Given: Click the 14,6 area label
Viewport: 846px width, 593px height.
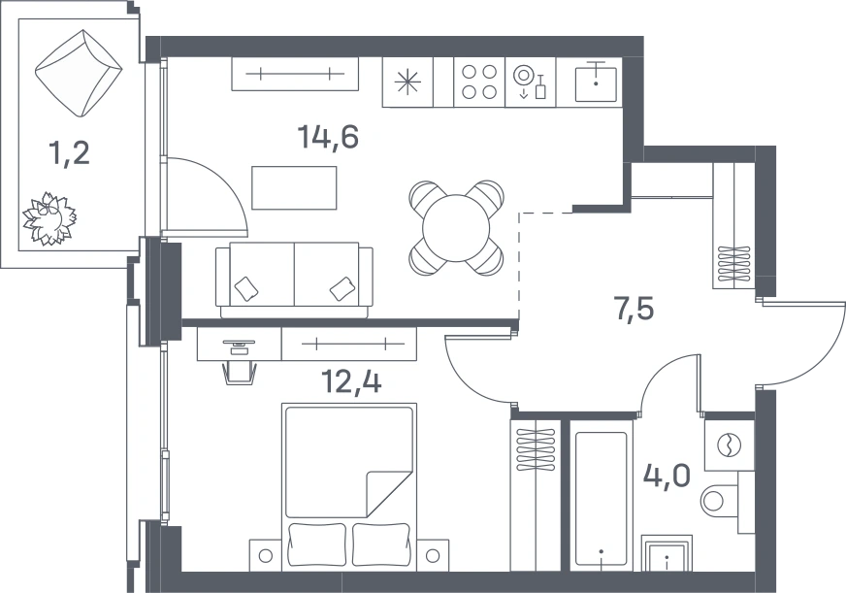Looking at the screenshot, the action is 328,137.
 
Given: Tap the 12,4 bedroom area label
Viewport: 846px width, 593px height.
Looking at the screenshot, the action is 351,381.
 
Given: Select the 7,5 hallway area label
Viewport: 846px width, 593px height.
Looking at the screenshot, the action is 634,309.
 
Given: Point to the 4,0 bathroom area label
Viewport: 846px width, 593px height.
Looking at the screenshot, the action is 667,476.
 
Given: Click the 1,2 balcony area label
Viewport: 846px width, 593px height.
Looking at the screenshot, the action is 69,153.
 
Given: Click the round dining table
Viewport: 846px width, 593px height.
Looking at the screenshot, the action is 456,228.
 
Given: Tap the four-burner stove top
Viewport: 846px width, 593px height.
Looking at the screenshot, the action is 479,82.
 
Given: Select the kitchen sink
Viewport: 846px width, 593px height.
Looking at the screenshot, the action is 596,82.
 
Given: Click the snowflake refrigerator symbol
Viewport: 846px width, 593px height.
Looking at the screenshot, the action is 407,82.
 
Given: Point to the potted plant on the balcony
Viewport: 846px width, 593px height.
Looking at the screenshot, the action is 49,218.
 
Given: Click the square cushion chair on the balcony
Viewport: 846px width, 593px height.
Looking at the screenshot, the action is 79,73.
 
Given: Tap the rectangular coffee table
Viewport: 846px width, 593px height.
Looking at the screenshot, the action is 294,187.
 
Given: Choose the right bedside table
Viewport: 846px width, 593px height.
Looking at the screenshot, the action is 434,555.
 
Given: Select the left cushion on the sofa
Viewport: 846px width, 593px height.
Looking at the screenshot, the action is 246,288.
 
